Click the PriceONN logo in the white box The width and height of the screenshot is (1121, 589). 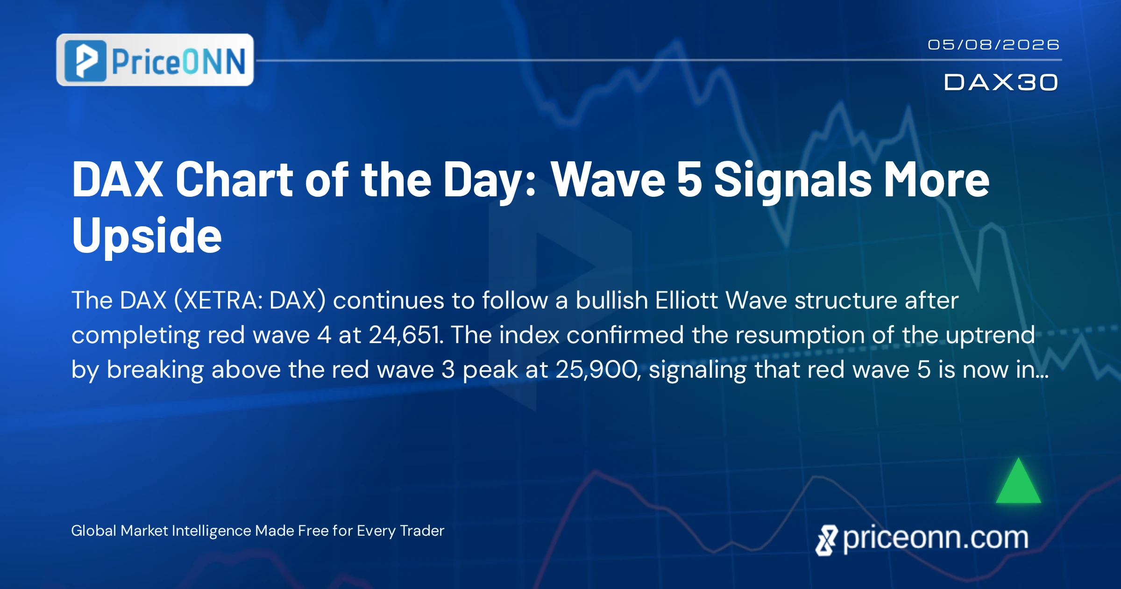[x=155, y=60]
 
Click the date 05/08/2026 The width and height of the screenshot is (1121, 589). [x=993, y=45]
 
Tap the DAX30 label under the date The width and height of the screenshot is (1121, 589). [x=1001, y=82]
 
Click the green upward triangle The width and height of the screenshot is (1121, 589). [x=1018, y=481]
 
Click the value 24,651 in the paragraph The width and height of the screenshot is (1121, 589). [x=406, y=335]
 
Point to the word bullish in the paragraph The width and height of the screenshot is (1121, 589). [x=611, y=300]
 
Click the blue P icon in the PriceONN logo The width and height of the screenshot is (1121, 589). [x=85, y=61]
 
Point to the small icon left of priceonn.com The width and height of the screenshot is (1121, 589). [x=827, y=540]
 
